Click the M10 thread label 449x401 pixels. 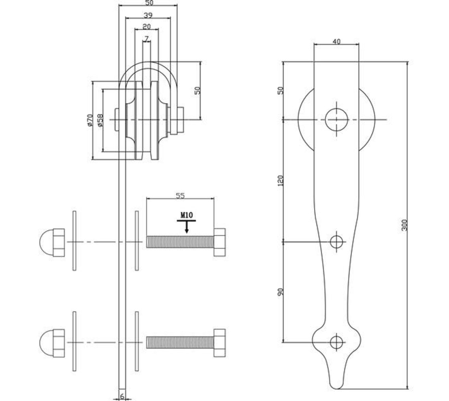pyautogui.click(x=186, y=215)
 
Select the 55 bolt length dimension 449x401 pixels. pyautogui.click(x=180, y=196)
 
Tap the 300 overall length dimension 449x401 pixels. pyautogui.click(x=404, y=225)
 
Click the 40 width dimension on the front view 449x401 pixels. pyautogui.click(x=336, y=41)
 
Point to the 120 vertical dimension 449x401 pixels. pyautogui.click(x=280, y=180)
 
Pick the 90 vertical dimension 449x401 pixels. pyautogui.click(x=280, y=292)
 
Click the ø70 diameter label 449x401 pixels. pyautogui.click(x=89, y=120)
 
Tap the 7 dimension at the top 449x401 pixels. pyautogui.click(x=146, y=39)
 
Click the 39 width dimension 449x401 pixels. pyautogui.click(x=148, y=16)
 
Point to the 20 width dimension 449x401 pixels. pyautogui.click(x=146, y=27)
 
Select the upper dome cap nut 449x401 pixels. pyautogui.click(x=53, y=242)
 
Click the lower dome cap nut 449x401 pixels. pyautogui.click(x=53, y=343)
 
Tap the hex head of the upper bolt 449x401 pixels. pyautogui.click(x=219, y=242)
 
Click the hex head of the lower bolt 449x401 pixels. pyautogui.click(x=219, y=343)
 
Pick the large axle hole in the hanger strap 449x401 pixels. pyautogui.click(x=336, y=119)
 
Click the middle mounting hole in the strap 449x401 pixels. pyautogui.click(x=337, y=242)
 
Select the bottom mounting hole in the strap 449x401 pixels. pyautogui.click(x=337, y=342)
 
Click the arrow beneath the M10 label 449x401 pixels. pyautogui.click(x=187, y=227)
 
